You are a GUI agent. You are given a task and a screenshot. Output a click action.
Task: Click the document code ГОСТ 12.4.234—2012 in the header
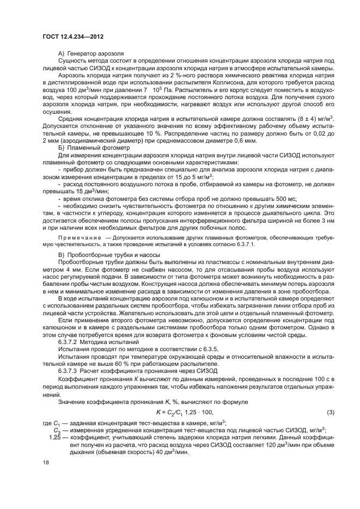[72, 36]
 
